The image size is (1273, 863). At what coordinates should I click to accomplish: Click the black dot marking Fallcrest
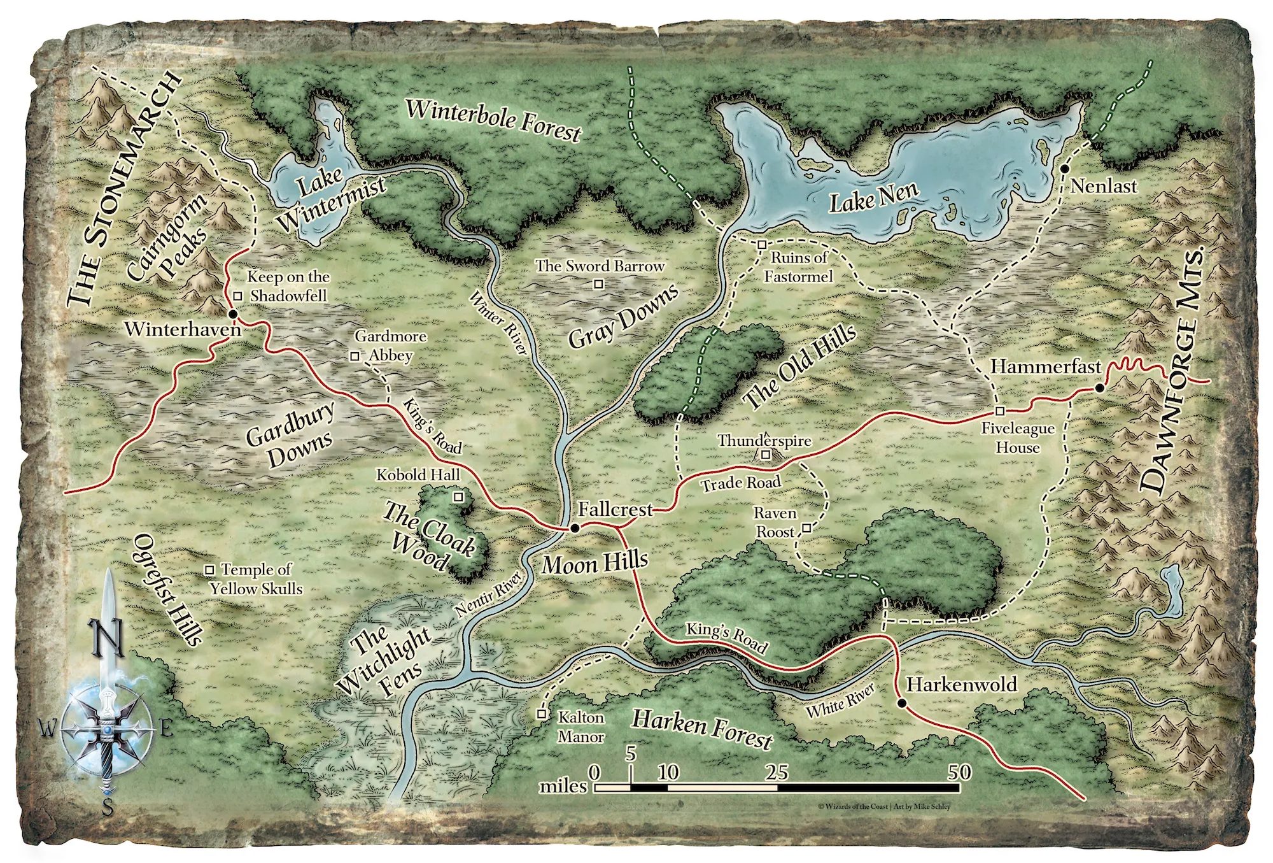574,528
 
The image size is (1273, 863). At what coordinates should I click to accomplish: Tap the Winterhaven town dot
232,314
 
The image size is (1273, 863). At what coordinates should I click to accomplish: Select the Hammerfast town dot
1099,388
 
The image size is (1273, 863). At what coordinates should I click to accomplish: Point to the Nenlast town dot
1064,169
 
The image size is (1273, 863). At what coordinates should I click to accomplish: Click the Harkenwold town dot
901,703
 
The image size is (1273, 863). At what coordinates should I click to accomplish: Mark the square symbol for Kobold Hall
457,496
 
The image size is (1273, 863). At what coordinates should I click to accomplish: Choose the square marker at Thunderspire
766,455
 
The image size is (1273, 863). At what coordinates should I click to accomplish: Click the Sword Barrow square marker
598,285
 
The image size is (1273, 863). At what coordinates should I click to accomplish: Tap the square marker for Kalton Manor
542,714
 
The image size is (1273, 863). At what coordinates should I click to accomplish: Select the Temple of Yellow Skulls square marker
209,569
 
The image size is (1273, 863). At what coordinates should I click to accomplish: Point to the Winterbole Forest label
494,119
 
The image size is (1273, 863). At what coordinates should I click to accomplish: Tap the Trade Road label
741,483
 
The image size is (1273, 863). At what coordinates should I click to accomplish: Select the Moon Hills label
595,563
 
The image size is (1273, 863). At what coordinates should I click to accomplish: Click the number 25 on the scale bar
777,773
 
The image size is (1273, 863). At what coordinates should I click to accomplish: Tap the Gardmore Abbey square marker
355,356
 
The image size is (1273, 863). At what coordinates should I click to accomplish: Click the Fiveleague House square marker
1000,411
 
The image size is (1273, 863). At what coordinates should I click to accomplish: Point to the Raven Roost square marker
806,528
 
